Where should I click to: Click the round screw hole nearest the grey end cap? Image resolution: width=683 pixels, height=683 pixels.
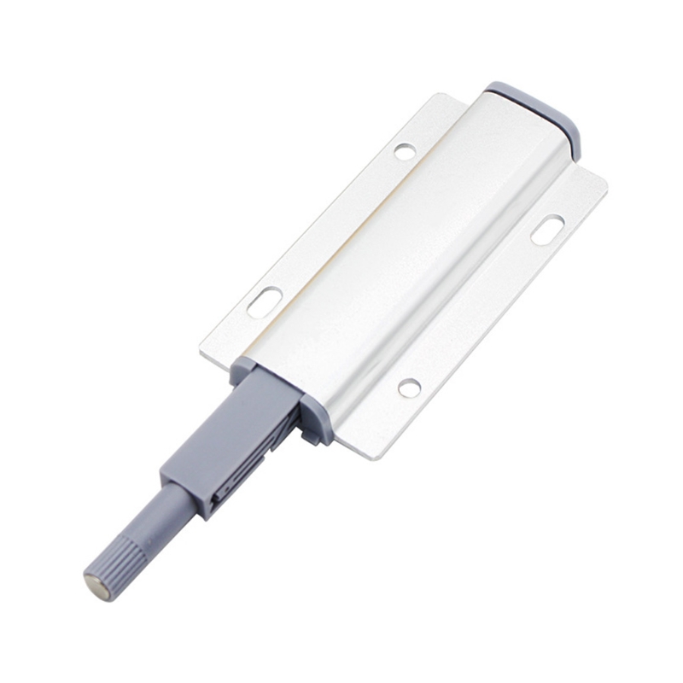pyautogui.click(x=405, y=152)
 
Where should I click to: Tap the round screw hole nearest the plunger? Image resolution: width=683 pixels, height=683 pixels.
pyautogui.click(x=410, y=388)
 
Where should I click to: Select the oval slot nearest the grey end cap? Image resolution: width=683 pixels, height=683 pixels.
pyautogui.click(x=547, y=230)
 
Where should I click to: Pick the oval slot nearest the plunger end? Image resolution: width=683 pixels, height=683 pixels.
pyautogui.click(x=266, y=302)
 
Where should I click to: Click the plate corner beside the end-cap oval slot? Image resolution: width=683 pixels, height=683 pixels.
pyautogui.click(x=603, y=183)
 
